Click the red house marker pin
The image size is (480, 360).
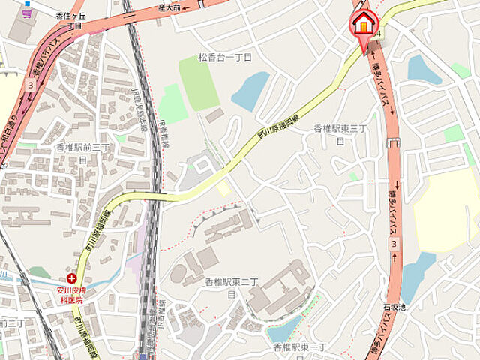(364, 25)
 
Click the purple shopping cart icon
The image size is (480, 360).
(28, 13)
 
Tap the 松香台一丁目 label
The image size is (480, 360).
(225, 57)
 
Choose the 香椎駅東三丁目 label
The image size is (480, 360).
(340, 134)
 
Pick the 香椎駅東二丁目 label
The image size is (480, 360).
(232, 286)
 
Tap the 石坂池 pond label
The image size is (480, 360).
(394, 307)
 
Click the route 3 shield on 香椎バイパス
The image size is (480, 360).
(30, 85)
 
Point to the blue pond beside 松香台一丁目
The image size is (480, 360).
(250, 91)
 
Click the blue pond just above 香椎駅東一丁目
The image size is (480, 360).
(285, 328)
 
